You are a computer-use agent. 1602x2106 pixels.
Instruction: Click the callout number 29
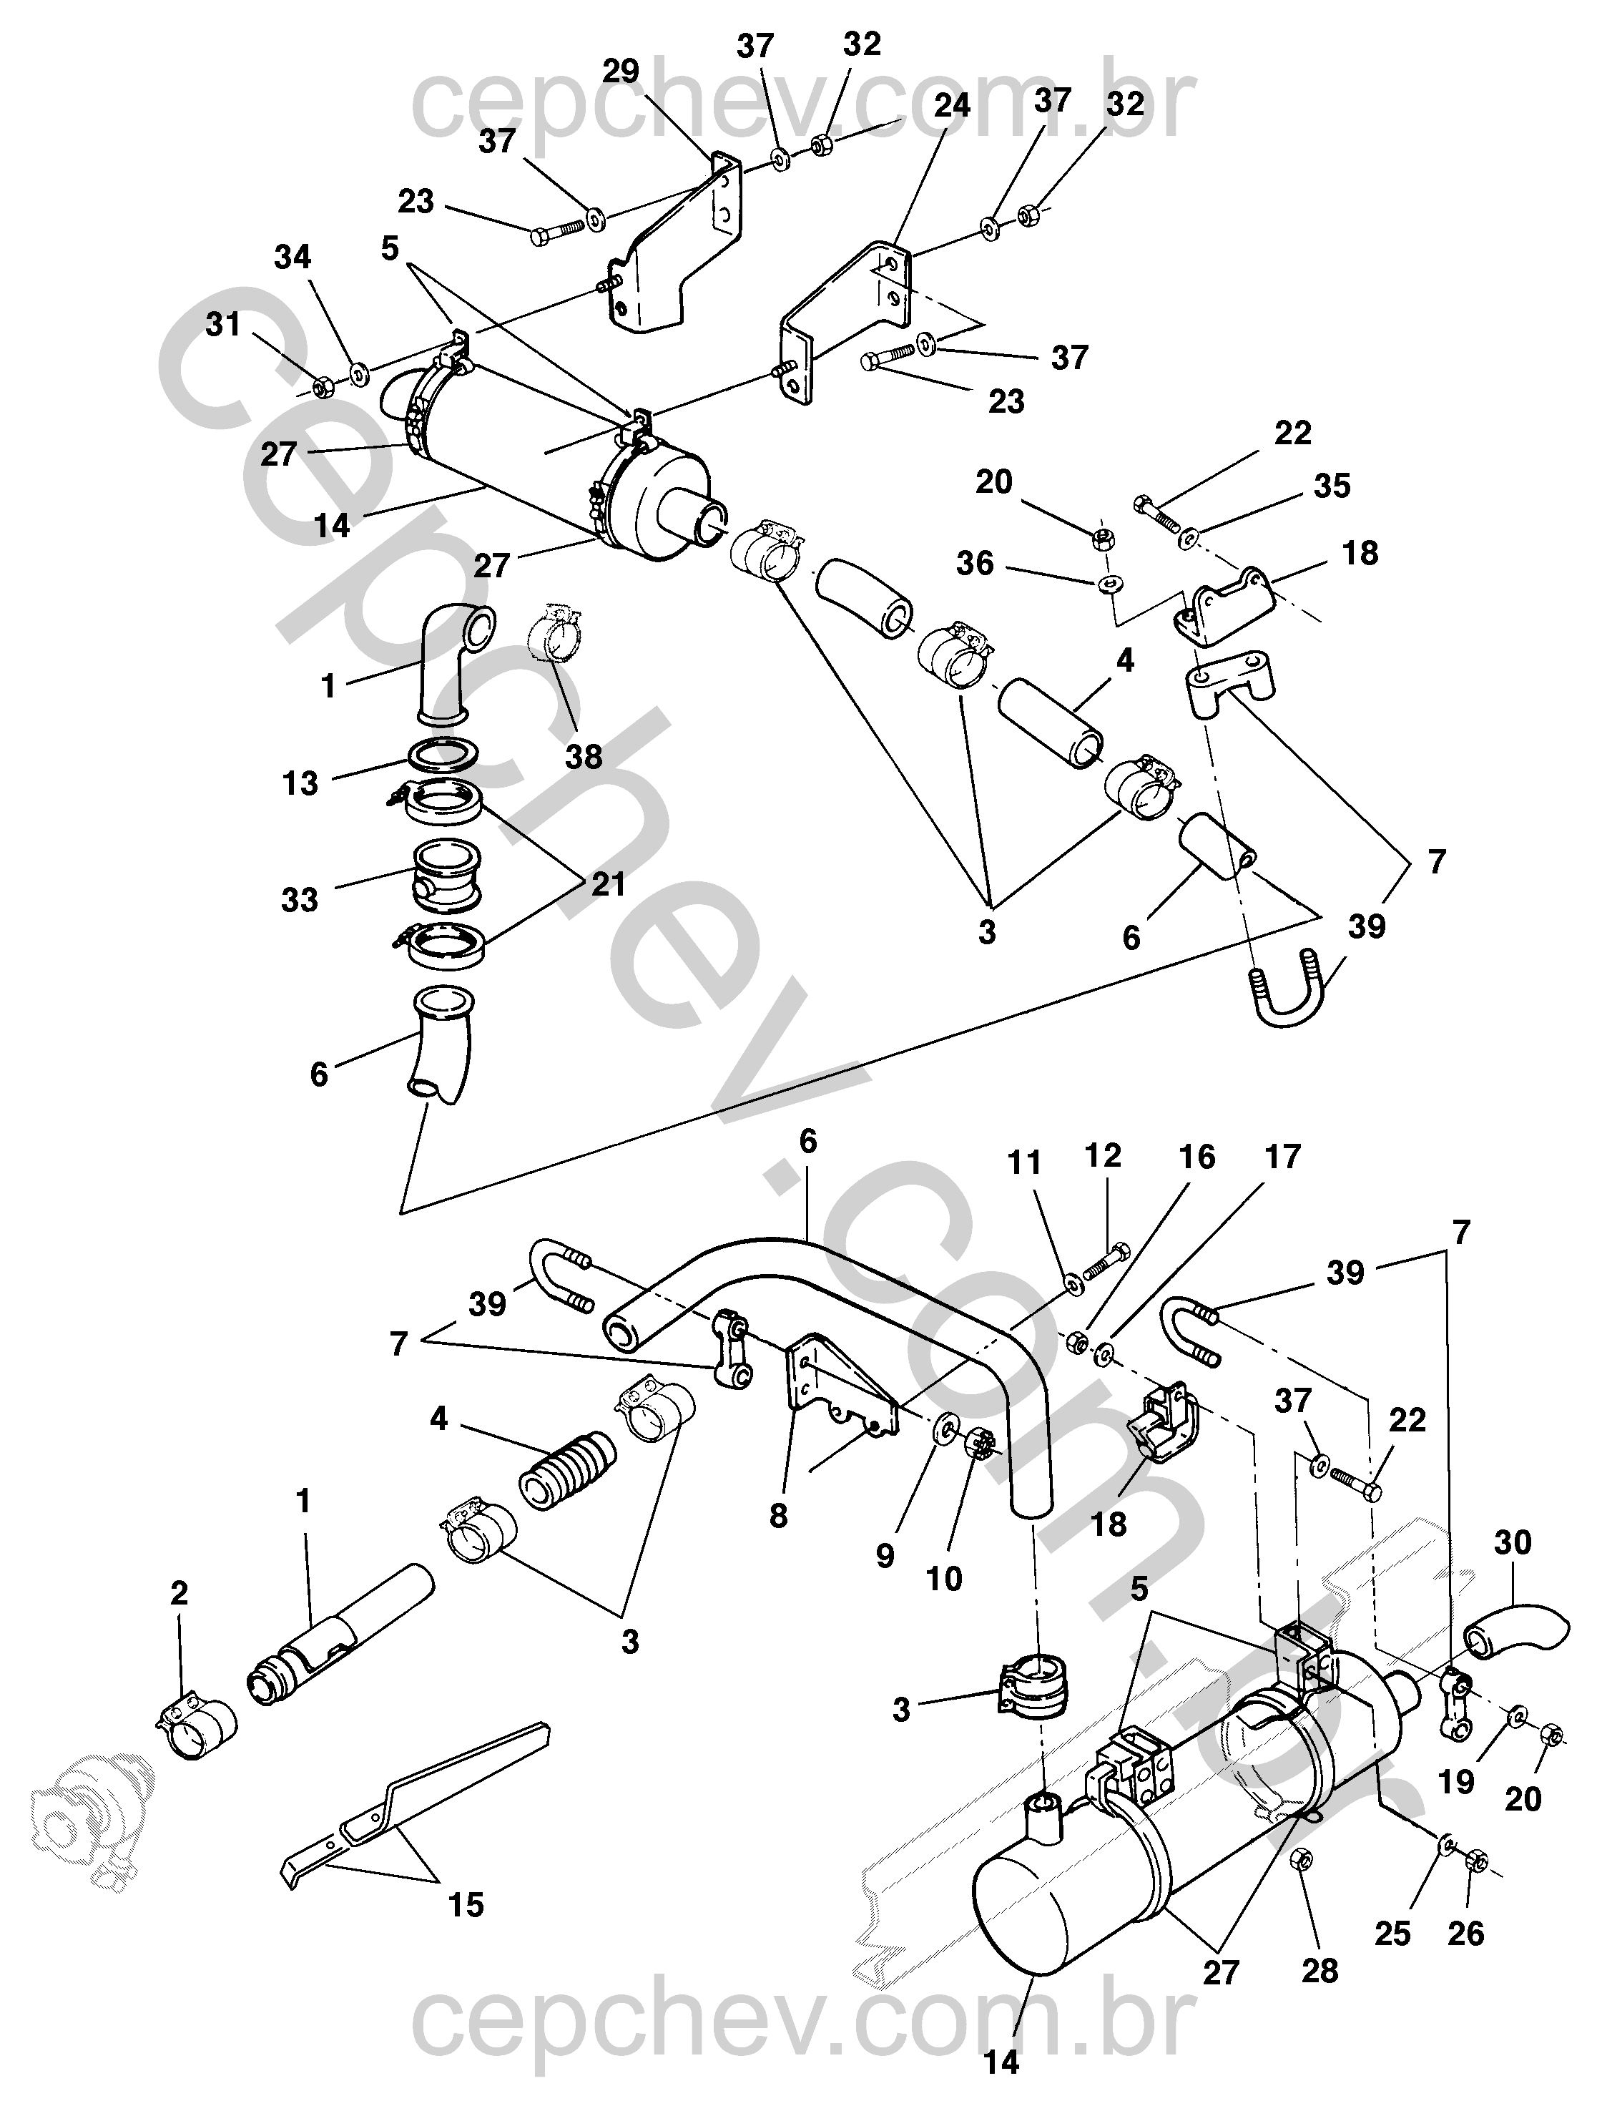pyautogui.click(x=621, y=72)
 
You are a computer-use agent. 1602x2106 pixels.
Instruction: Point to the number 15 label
pyautogui.click(x=466, y=1906)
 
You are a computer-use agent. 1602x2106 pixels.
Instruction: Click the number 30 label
pyautogui.click(x=1513, y=1542)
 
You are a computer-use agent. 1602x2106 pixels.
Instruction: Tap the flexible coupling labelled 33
pyautogui.click(x=443, y=872)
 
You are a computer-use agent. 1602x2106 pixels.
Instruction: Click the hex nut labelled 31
pyautogui.click(x=323, y=387)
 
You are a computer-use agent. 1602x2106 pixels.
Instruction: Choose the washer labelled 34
pyautogui.click(x=360, y=373)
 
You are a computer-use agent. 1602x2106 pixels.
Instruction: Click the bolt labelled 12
pyautogui.click(x=1107, y=1264)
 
